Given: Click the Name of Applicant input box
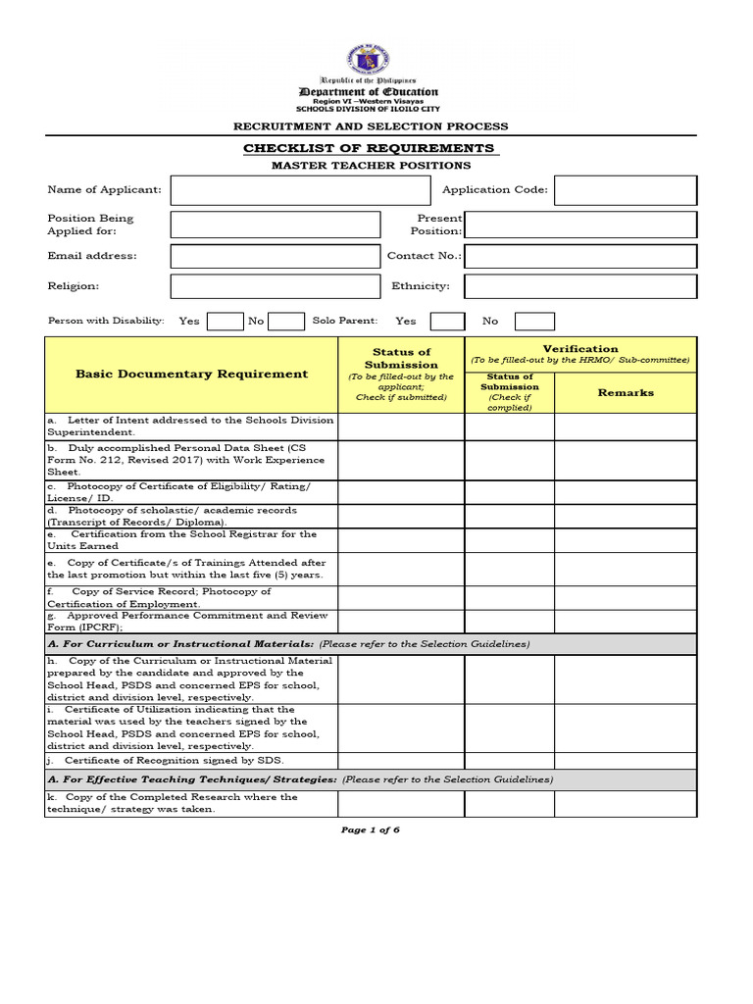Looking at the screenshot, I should (x=300, y=190).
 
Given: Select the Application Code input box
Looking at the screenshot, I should (x=626, y=190).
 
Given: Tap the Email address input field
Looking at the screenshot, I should (x=275, y=256).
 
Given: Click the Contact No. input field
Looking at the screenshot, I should (x=580, y=256).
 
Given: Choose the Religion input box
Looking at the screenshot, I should (x=275, y=286).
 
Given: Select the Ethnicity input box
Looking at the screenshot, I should (x=580, y=286).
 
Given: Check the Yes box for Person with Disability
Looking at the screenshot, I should (x=225, y=321).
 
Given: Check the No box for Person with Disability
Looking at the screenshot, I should (x=286, y=321).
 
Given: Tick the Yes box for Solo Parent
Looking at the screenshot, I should (x=448, y=321).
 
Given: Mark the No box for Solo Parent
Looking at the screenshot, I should (x=534, y=321).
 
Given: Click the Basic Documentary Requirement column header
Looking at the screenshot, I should (x=191, y=375).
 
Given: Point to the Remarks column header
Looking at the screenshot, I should (x=626, y=393).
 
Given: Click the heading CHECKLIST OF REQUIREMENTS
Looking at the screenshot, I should (x=369, y=148).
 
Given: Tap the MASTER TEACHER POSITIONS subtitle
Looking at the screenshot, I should (x=371, y=166).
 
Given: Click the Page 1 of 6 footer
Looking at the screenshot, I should (x=371, y=829).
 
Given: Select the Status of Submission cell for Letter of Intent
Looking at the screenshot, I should (x=401, y=426).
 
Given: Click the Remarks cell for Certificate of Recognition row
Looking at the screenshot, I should (x=626, y=760).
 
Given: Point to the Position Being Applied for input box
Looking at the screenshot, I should (x=275, y=225).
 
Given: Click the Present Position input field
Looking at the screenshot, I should (x=580, y=225).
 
